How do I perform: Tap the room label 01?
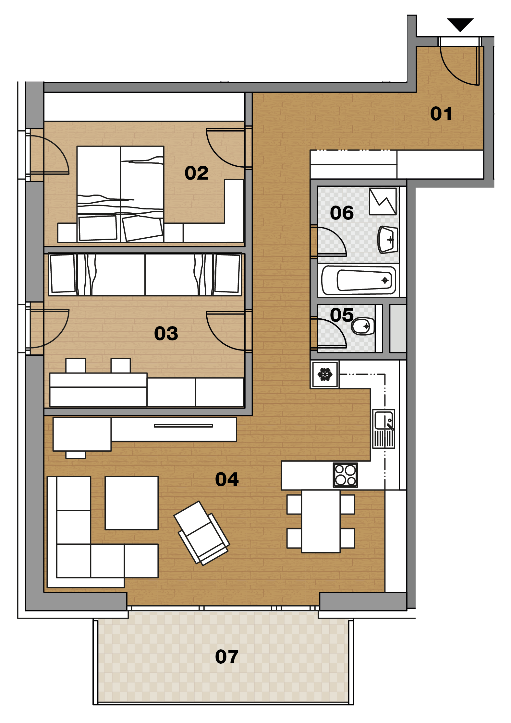tap(441, 114)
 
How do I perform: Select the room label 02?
tap(196, 173)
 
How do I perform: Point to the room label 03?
tap(166, 333)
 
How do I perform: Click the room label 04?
tap(227, 479)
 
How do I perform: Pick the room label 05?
tap(342, 315)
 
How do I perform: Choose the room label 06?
tap(342, 213)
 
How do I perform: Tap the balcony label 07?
tap(227, 657)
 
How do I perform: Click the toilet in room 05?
tap(363, 326)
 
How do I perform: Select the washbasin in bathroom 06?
tap(388, 240)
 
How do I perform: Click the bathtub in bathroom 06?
tap(359, 280)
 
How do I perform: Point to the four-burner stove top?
tap(346, 475)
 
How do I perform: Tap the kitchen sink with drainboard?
tap(384, 429)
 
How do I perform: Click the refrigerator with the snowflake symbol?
tap(325, 374)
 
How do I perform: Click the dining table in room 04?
tap(321, 521)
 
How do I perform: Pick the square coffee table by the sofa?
tap(132, 503)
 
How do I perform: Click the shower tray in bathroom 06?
tap(383, 201)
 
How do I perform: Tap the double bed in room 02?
tap(120, 194)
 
